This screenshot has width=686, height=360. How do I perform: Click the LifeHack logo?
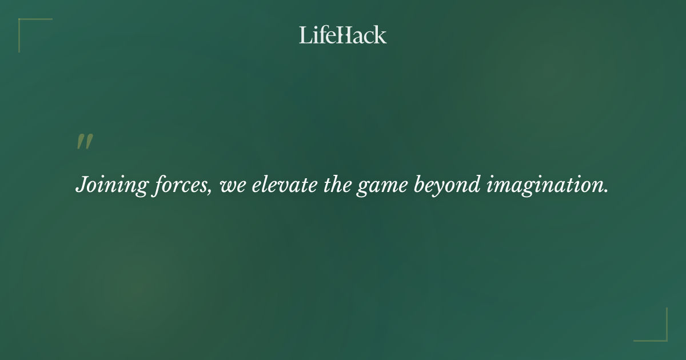pos(343,35)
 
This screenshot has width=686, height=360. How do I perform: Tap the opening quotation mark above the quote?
pos(85,142)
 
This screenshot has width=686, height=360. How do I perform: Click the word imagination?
pos(546,186)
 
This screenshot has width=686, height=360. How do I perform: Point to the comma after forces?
pos(212,191)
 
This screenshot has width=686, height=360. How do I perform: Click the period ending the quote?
pos(606,191)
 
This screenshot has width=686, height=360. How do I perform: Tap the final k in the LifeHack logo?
pos(380,35)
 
